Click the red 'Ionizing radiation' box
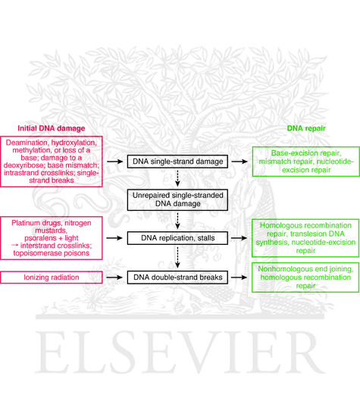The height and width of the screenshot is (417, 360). pyautogui.click(x=52, y=278)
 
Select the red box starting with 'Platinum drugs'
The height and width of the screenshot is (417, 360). pyautogui.click(x=52, y=238)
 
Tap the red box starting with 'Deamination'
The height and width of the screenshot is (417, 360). pyautogui.click(x=52, y=161)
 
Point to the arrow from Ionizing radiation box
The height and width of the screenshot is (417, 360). pyautogui.click(x=116, y=278)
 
